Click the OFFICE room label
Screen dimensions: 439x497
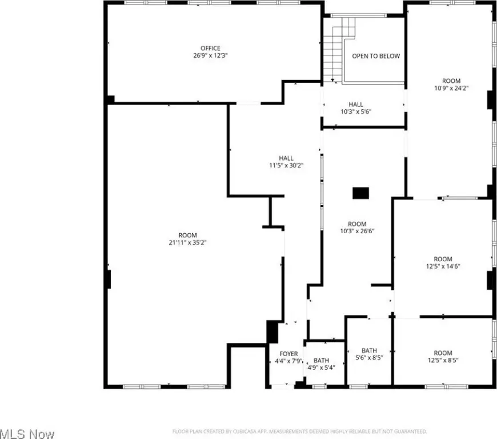[x=210, y=48]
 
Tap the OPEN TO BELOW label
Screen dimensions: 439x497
[x=375, y=56]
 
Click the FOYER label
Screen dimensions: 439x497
[x=288, y=354]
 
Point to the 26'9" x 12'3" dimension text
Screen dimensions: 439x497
[x=210, y=55]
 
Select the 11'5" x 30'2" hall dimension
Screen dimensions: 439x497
[x=286, y=166]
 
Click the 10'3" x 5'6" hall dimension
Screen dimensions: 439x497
[x=356, y=111]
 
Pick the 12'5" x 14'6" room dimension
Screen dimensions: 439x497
[x=443, y=266]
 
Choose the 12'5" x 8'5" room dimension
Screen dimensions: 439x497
[x=443, y=360]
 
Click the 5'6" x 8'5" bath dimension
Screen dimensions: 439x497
[x=369, y=358]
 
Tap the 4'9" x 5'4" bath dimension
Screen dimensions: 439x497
[x=321, y=368]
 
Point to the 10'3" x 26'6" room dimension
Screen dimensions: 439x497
[x=357, y=231]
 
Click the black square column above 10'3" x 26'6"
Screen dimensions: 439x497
[x=360, y=193]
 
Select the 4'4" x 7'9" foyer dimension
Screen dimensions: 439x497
[x=288, y=361]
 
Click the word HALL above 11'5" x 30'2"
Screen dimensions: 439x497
[x=286, y=158]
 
